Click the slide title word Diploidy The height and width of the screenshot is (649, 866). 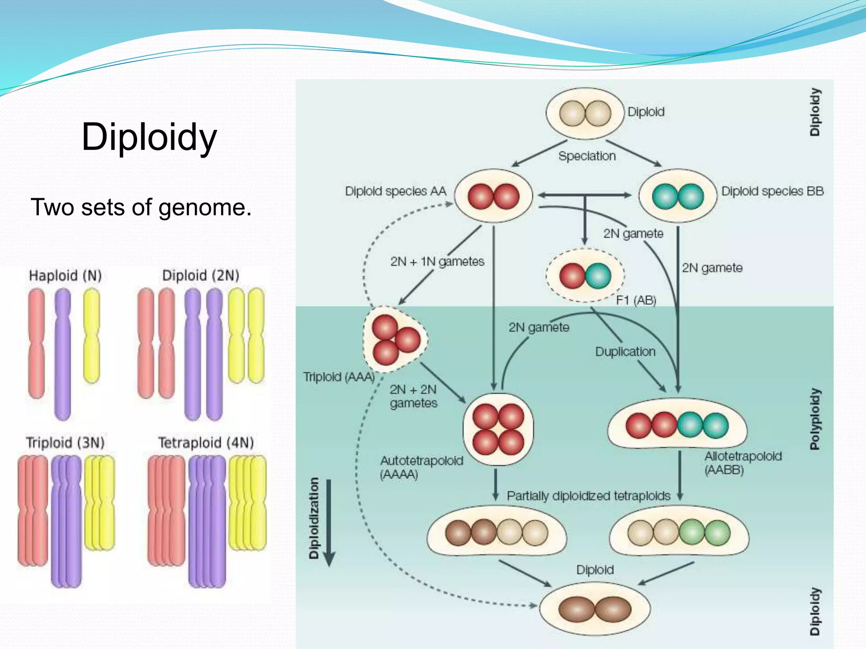pyautogui.click(x=149, y=137)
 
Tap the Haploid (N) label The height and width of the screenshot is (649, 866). pyautogui.click(x=65, y=275)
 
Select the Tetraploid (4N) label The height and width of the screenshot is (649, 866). pyautogui.click(x=206, y=442)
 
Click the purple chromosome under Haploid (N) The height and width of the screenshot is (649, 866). pyautogui.click(x=63, y=354)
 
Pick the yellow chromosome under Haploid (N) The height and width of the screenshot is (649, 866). pyautogui.click(x=91, y=336)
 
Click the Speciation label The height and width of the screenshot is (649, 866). pyautogui.click(x=587, y=156)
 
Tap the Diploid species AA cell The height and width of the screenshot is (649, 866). pyautogui.click(x=493, y=196)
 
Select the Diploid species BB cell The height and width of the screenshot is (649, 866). pyautogui.click(x=678, y=196)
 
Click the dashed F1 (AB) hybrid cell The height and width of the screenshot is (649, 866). pyautogui.click(x=585, y=275)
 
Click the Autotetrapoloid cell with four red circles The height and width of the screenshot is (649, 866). pyautogui.click(x=498, y=429)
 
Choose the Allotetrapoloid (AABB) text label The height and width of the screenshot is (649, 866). pyautogui.click(x=743, y=463)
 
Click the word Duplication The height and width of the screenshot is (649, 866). pyautogui.click(x=625, y=352)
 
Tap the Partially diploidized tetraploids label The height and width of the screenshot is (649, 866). pyautogui.click(x=588, y=496)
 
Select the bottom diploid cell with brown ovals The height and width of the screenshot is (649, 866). pyautogui.click(x=595, y=609)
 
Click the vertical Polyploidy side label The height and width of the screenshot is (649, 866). pyautogui.click(x=814, y=419)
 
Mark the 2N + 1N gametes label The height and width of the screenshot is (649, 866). pyautogui.click(x=437, y=262)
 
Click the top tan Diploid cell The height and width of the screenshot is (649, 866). pyautogui.click(x=585, y=113)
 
